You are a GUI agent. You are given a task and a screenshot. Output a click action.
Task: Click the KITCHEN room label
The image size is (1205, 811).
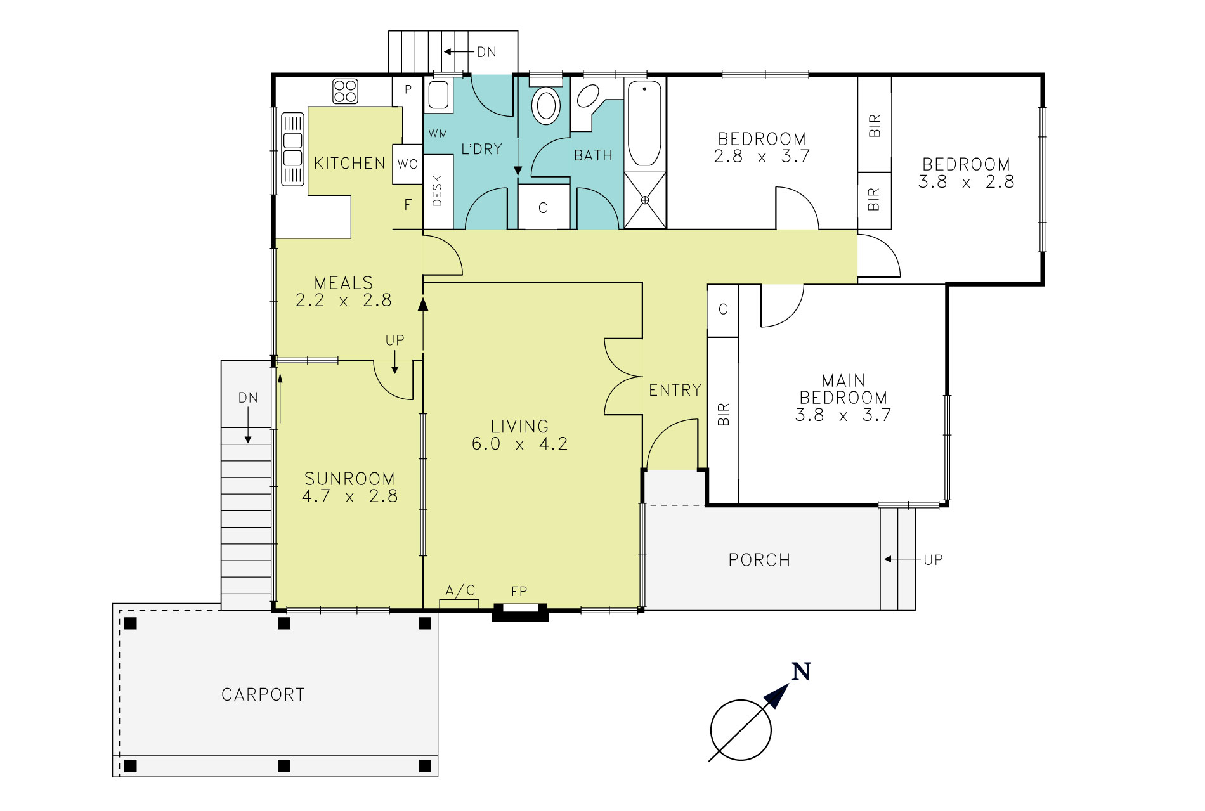click(349, 164)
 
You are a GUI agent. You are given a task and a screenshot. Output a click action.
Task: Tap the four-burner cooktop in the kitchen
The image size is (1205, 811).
click(345, 91)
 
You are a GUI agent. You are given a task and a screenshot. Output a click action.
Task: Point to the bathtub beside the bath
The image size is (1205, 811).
click(644, 124)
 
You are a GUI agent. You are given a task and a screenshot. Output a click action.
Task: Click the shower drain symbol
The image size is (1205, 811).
click(645, 200)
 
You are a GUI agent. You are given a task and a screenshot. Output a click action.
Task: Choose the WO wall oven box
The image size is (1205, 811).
click(407, 165)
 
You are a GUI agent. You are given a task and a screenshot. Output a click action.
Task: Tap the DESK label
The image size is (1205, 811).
click(437, 191)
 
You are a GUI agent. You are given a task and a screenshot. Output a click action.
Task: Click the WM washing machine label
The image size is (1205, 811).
click(438, 134)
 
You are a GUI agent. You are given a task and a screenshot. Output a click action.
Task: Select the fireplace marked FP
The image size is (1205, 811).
click(521, 611)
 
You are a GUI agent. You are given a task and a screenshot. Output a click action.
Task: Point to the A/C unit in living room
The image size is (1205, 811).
click(459, 603)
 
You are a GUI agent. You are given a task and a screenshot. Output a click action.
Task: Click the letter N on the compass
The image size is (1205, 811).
click(802, 672)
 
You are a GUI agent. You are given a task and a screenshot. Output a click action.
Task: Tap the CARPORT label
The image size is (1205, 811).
click(263, 695)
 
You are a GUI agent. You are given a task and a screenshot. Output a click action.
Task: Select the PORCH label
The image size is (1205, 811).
click(759, 561)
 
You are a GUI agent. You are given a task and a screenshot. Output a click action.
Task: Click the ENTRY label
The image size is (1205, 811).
click(675, 390)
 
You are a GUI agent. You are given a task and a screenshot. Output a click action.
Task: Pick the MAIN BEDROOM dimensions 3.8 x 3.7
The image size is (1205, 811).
click(843, 415)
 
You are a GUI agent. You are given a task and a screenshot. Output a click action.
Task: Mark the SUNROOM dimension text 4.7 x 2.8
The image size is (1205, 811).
click(349, 496)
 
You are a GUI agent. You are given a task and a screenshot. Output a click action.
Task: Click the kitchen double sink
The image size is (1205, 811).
click(292, 149)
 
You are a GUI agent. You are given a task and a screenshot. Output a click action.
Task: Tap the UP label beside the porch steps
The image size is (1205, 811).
click(933, 560)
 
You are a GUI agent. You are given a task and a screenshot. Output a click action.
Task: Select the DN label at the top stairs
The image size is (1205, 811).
click(486, 52)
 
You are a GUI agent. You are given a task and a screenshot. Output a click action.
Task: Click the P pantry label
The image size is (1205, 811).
click(408, 89)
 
